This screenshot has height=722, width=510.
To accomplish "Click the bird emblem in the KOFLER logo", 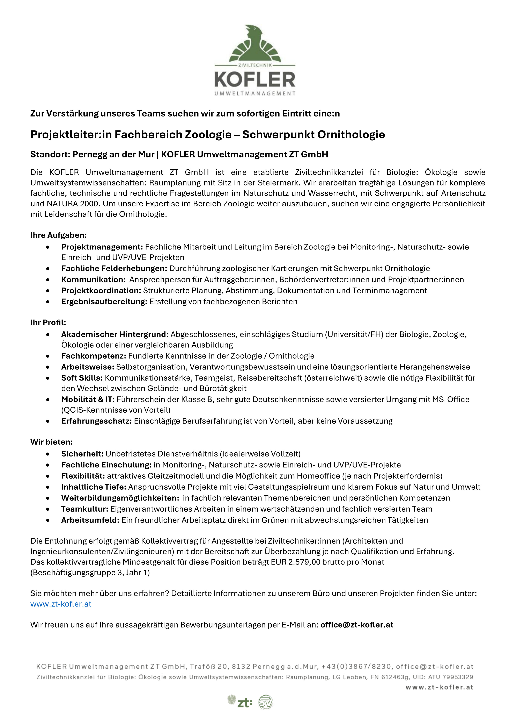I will [x=255, y=44].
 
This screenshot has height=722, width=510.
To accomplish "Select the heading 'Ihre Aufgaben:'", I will [x=58, y=235].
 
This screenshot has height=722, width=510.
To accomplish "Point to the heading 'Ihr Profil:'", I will [x=48, y=323].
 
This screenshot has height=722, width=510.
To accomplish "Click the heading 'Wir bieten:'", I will [x=52, y=442].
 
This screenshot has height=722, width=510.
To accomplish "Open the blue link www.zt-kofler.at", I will [x=61, y=604].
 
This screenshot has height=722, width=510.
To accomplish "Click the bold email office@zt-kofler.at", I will [x=357, y=625].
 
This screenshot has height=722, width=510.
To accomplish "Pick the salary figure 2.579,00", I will [x=304, y=562].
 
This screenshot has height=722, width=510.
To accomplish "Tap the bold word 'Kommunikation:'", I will [x=93, y=279].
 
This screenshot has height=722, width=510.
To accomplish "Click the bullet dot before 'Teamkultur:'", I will [x=48, y=509].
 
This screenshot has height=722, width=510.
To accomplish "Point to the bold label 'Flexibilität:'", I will [x=83, y=476].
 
